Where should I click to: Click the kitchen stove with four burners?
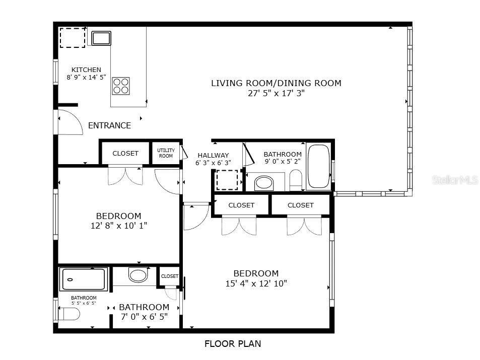pyautogui.click(x=121, y=86)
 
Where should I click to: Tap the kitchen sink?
pyautogui.click(x=101, y=38)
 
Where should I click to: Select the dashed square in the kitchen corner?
pyautogui.click(x=73, y=38)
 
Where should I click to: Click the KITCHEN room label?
pyautogui.click(x=86, y=70)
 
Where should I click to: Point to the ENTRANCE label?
pyautogui.click(x=109, y=126)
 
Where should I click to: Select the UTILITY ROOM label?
pyautogui.click(x=166, y=153)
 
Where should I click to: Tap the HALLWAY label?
pyautogui.click(x=213, y=156)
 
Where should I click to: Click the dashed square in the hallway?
pyautogui.click(x=226, y=180)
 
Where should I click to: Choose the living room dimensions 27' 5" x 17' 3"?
pyautogui.click(x=276, y=93)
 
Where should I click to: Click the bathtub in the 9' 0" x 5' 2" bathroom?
pyautogui.click(x=318, y=166)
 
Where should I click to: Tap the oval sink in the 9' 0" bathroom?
pyautogui.click(x=264, y=182)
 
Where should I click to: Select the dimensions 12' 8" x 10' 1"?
pyautogui.click(x=119, y=226)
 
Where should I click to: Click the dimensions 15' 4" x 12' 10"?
pyautogui.click(x=256, y=283)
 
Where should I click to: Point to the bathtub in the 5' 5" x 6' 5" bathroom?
pyautogui.click(x=84, y=279)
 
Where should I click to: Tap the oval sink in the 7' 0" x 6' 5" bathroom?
pyautogui.click(x=138, y=275)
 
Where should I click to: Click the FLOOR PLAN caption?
pyautogui.click(x=233, y=344)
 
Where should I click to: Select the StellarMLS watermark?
pyautogui.click(x=455, y=180)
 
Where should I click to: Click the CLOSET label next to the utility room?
pyautogui.click(x=125, y=154)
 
